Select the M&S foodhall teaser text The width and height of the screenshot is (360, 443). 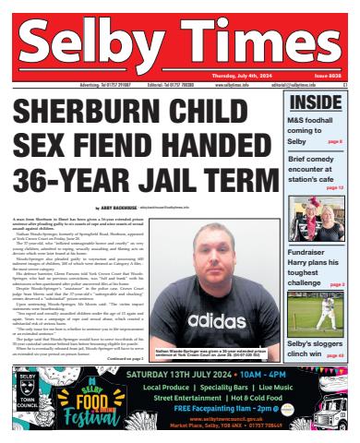[318, 129]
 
